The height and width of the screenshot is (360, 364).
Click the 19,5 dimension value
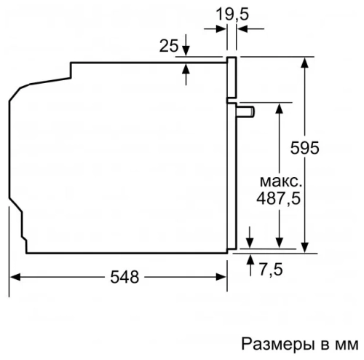(228, 15)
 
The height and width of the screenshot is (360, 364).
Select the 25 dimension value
(168, 45)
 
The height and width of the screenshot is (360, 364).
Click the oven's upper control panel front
(232, 79)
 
